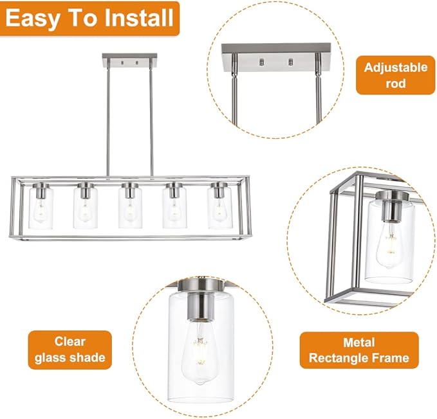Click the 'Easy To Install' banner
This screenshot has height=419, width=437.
tap(89, 19)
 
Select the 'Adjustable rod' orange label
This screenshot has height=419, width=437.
tap(395, 75)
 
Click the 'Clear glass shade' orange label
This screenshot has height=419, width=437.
tap(70, 350)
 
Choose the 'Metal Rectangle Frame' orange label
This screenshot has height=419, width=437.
tap(358, 350)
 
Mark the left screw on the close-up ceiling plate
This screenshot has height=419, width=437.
tap(261, 62)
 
